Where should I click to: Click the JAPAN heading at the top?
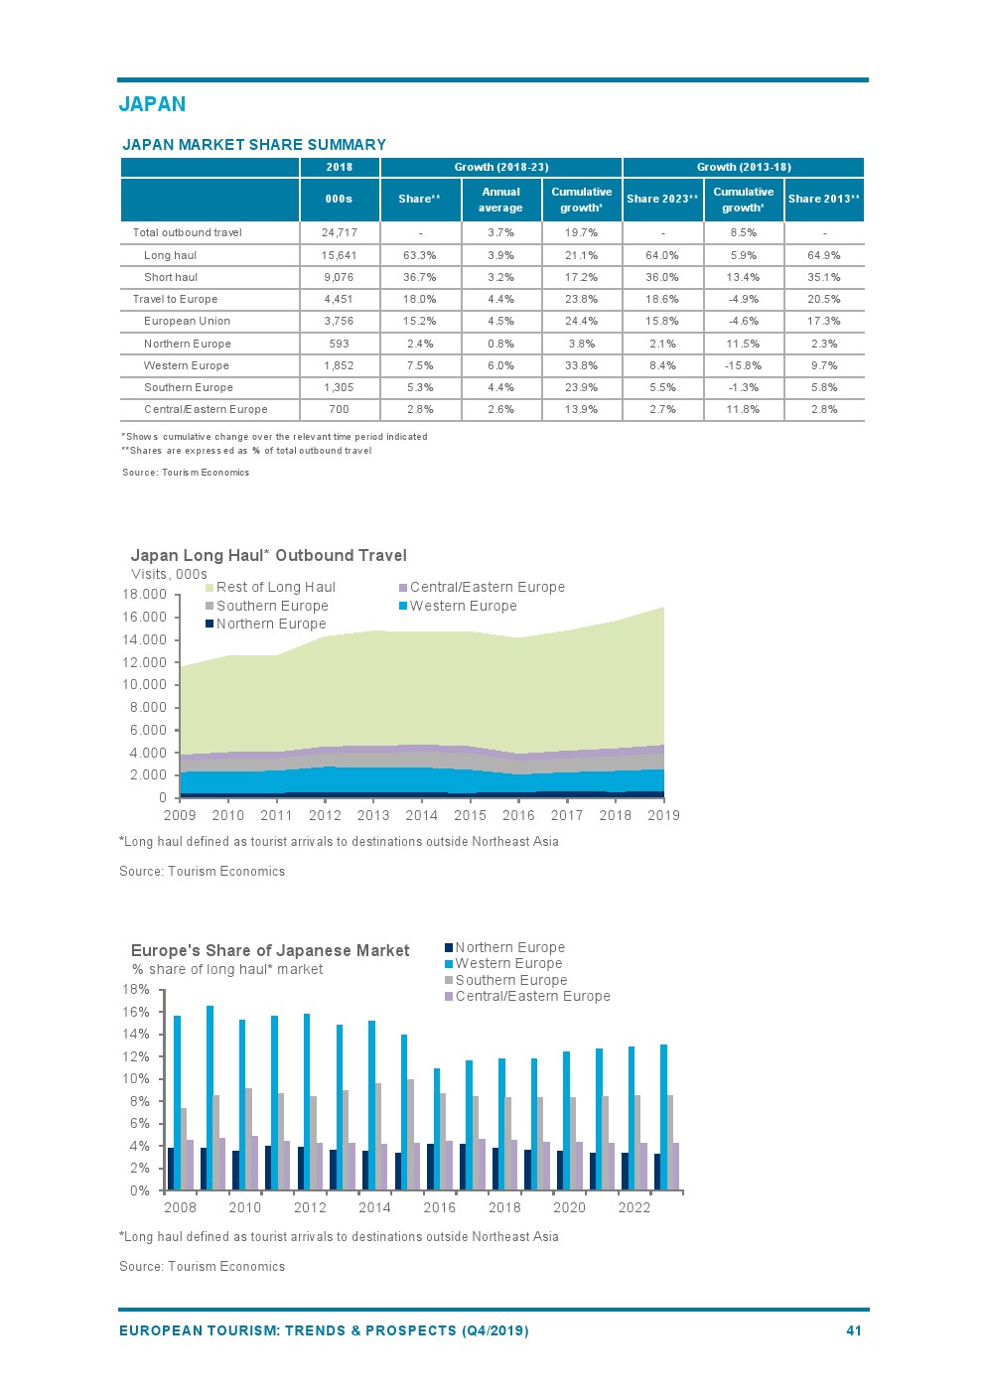pyautogui.click(x=152, y=104)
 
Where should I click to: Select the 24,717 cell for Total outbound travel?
pyautogui.click(x=339, y=232)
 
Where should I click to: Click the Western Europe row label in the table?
pyautogui.click(x=186, y=365)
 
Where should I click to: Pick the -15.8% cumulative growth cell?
pyautogui.click(x=743, y=365)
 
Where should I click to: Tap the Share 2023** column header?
pyautogui.click(x=662, y=199)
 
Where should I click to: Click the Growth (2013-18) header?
pyautogui.click(x=744, y=167)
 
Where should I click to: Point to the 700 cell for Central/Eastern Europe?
pyautogui.click(x=339, y=409)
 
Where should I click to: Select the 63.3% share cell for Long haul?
pyautogui.click(x=420, y=255)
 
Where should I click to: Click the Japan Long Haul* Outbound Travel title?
pyautogui.click(x=268, y=555)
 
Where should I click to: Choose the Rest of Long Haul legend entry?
pyautogui.click(x=275, y=587)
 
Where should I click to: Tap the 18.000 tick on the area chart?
pyautogui.click(x=144, y=594)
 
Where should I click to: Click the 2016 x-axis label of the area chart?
pyautogui.click(x=518, y=815)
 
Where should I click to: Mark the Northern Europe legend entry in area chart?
pyautogui.click(x=270, y=624)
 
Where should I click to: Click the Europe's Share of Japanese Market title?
pyautogui.click(x=270, y=950)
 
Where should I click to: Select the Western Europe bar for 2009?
pyautogui.click(x=210, y=1097)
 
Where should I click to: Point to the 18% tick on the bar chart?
pyautogui.click(x=136, y=989)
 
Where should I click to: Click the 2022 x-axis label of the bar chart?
pyautogui.click(x=634, y=1207)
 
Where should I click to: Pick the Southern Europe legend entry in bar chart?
pyautogui.click(x=510, y=980)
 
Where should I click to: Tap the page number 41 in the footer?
pyautogui.click(x=853, y=1330)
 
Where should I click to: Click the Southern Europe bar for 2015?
pyautogui.click(x=410, y=1134)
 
